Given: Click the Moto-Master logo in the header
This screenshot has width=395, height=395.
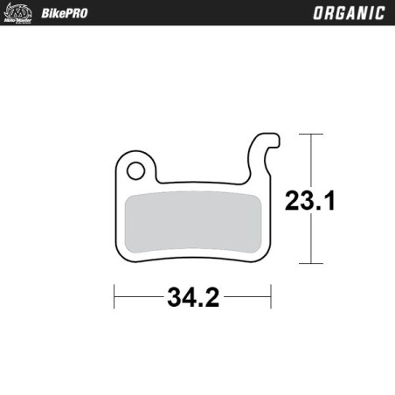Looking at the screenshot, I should point(18,13).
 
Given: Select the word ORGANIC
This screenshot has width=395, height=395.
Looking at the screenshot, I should point(346,13).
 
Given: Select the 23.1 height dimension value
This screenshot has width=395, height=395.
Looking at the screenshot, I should point(309,201).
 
